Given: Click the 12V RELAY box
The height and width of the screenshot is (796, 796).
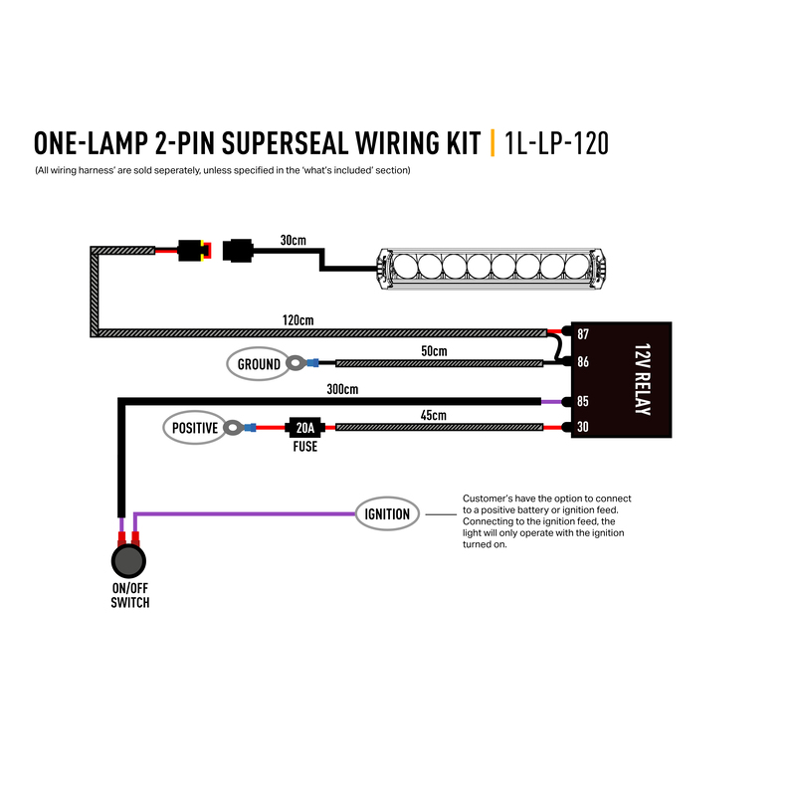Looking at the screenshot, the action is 621,380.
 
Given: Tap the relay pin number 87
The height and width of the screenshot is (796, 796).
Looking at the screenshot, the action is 583,334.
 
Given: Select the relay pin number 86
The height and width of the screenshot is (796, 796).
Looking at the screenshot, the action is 583,362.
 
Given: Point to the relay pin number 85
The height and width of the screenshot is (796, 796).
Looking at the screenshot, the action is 583,402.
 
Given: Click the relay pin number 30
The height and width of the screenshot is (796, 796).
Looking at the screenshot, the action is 583,427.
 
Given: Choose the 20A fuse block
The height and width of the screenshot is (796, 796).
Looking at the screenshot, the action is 304,428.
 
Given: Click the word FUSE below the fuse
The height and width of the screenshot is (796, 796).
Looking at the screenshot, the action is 305,447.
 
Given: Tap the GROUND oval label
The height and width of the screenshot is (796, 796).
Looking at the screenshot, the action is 259,364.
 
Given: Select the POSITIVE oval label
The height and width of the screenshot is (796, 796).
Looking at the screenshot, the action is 195,428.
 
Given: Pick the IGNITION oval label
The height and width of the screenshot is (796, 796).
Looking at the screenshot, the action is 387,514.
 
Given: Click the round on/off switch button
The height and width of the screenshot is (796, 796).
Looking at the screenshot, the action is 128,561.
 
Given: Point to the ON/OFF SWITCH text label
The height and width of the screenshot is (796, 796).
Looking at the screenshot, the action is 130,595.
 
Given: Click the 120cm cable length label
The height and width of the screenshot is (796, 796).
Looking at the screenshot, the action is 298,320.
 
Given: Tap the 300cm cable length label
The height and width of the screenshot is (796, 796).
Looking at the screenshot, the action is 342,389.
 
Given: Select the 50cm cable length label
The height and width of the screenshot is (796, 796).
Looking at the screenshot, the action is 434,351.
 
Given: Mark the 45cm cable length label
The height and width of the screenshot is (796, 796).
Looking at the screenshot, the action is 434,415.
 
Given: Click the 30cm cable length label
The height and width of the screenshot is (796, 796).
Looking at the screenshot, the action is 294,240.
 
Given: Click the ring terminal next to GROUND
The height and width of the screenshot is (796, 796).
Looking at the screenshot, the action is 296,363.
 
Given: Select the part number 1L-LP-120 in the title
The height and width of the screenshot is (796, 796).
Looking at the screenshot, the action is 556,143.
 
